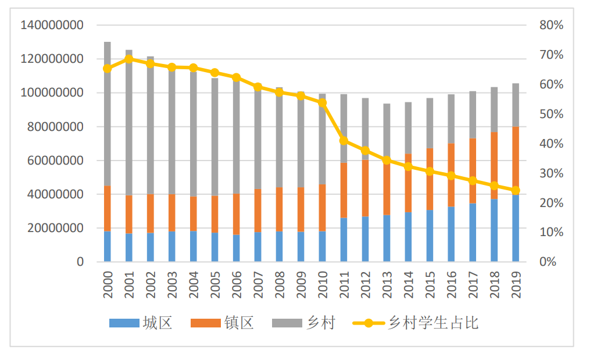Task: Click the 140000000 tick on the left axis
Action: coord(52,25)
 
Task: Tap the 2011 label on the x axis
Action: coord(344,284)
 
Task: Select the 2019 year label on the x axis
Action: coord(516,284)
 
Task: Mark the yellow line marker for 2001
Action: coord(129,59)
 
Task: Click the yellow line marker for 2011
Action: coord(344,140)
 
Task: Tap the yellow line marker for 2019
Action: coord(516,190)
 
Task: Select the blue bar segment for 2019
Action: coord(516,229)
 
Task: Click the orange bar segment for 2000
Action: coord(108,209)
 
